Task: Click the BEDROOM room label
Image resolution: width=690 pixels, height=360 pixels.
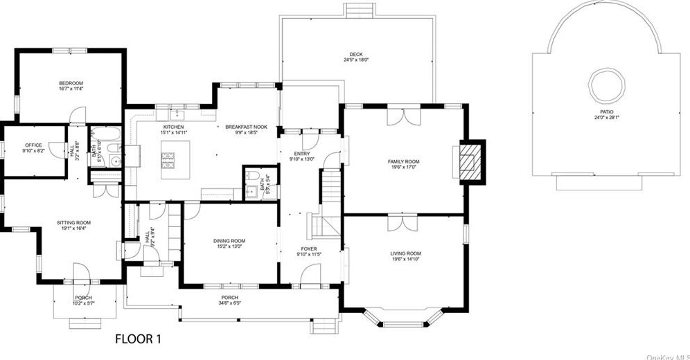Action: coord(71,83)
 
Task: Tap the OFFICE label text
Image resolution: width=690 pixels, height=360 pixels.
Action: coord(34,145)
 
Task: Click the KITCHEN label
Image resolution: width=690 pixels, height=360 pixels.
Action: coord(173,127)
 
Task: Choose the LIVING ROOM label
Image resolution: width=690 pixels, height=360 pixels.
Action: coord(405,253)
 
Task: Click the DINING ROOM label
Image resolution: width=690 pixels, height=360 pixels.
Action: coord(229,241)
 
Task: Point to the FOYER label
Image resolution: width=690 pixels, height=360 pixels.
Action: coord(308,249)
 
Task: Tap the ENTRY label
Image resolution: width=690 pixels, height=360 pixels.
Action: coord(302,154)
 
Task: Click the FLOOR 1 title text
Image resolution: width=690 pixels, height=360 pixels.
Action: coord(138,339)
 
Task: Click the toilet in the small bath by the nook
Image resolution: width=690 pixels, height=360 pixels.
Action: coord(254,176)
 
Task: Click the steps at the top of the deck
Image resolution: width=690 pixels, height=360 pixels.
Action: coord(359,10)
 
